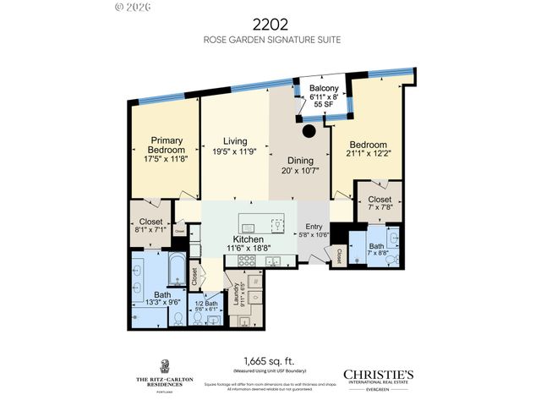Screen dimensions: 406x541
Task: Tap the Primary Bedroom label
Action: (x=167, y=145)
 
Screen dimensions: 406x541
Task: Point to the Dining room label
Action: (x=299, y=161)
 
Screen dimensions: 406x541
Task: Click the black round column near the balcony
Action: (x=309, y=131)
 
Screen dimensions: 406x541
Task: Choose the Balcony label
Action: (x=324, y=88)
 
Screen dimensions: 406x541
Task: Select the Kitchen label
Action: (x=249, y=239)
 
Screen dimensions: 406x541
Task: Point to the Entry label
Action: (x=314, y=228)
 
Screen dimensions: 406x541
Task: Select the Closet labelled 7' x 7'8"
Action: (x=378, y=204)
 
